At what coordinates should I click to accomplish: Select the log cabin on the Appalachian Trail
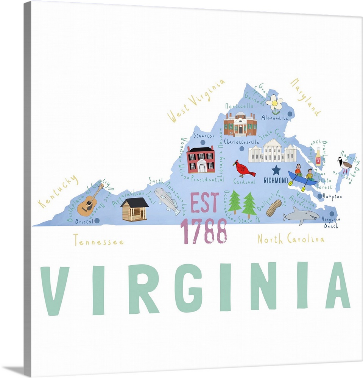pyautogui.click(x=134, y=209)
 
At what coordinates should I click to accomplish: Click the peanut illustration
pyautogui.click(x=274, y=208)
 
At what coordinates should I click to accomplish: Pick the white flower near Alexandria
pyautogui.click(x=274, y=103)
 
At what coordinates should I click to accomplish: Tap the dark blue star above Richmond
pyautogui.click(x=276, y=170)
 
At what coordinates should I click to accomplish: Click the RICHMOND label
pyautogui.click(x=276, y=181)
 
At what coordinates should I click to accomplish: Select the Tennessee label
pyautogui.click(x=98, y=240)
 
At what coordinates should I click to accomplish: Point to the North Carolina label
pyautogui.click(x=291, y=239)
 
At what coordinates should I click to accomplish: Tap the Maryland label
pyautogui.click(x=305, y=97)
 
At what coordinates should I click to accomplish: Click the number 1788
pyautogui.click(x=204, y=231)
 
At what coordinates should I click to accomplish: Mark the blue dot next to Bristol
pyautogui.click(x=97, y=220)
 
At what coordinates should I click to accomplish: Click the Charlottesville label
pyautogui.click(x=241, y=142)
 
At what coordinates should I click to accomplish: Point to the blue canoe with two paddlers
pyautogui.click(x=303, y=178)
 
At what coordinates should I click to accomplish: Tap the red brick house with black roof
pyautogui.click(x=201, y=160)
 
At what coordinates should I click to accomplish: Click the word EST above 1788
pyautogui.click(x=205, y=203)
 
